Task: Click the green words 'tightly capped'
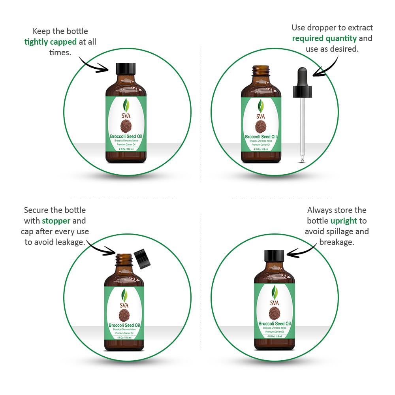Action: (x=50, y=42)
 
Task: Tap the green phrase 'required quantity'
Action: (x=324, y=38)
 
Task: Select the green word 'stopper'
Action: (x=56, y=221)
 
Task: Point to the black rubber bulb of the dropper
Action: (x=303, y=75)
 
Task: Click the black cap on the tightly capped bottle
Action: (x=126, y=69)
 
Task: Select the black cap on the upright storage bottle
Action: (x=274, y=256)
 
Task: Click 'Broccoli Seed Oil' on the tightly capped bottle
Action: (x=126, y=137)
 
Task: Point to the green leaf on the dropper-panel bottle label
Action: (x=261, y=106)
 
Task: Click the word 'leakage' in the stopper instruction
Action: (x=70, y=242)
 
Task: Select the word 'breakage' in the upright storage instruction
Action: (x=337, y=242)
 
